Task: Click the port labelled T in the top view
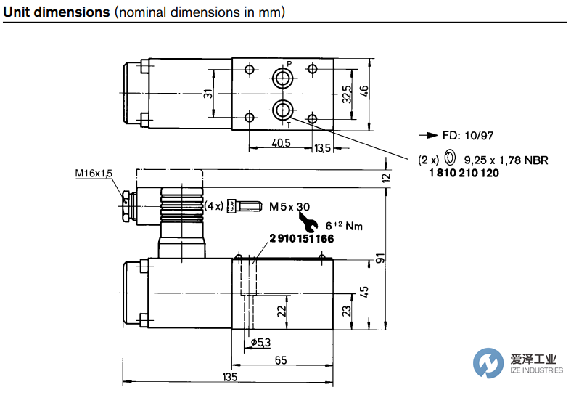pyautogui.click(x=282, y=110)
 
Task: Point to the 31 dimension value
pyautogui.click(x=208, y=94)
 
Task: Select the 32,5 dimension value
pyautogui.click(x=347, y=94)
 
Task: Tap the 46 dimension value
pyautogui.click(x=365, y=91)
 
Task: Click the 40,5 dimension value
pyautogui.click(x=280, y=143)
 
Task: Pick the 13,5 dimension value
pyautogui.click(x=322, y=148)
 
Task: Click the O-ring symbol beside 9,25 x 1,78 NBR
pyautogui.click(x=449, y=158)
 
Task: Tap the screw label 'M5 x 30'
pyautogui.click(x=289, y=207)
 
